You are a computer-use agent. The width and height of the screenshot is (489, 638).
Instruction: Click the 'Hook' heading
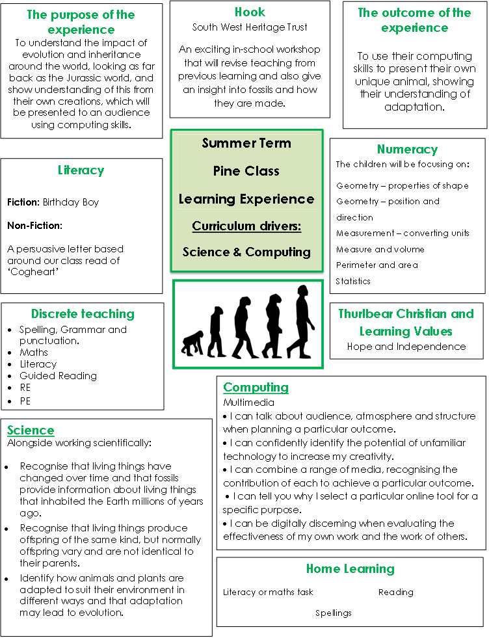pyautogui.click(x=250, y=12)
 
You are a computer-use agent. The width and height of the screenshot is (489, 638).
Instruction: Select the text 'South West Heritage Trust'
pyautogui.click(x=250, y=27)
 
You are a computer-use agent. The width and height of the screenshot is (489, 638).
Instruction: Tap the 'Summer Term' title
pyautogui.click(x=246, y=143)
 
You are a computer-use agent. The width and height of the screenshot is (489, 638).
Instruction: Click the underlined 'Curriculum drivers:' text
pyautogui.click(x=246, y=226)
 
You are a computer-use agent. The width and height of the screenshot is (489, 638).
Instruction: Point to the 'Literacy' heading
pyautogui.click(x=81, y=170)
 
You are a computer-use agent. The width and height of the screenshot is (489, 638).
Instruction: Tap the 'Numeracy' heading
pyautogui.click(x=407, y=150)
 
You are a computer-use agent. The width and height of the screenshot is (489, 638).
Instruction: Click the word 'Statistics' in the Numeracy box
pyautogui.click(x=353, y=282)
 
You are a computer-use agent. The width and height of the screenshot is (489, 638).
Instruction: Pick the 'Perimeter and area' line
pyautogui.click(x=377, y=265)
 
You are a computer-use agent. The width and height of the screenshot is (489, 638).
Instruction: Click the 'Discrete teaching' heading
pyautogui.click(x=83, y=314)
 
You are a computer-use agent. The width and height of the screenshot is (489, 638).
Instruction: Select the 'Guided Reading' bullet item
pyautogui.click(x=58, y=376)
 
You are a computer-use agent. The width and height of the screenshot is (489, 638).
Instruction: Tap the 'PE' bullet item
pyautogui.click(x=25, y=401)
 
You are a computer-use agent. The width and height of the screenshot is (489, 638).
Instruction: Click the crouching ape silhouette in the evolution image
pyautogui.click(x=192, y=343)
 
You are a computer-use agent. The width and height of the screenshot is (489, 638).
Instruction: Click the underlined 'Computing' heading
pyautogui.click(x=256, y=388)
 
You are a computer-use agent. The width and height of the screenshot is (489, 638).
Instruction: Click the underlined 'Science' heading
pyautogui.click(x=31, y=431)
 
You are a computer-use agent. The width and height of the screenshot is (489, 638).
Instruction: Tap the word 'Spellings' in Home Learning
pyautogui.click(x=334, y=613)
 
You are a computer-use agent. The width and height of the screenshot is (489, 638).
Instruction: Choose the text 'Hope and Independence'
pyautogui.click(x=406, y=347)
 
